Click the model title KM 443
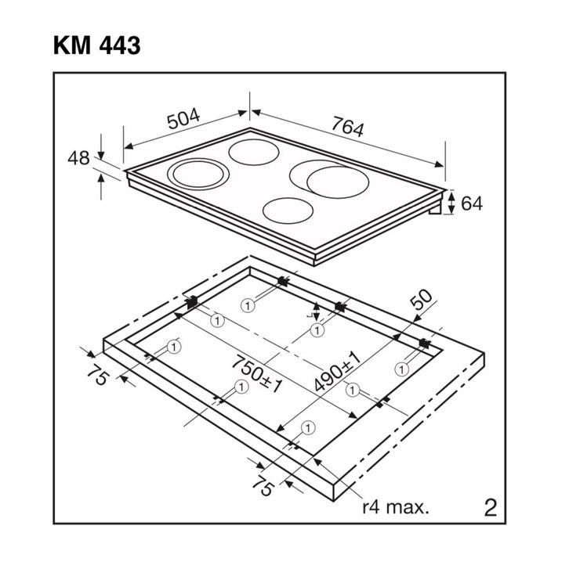click(96, 45)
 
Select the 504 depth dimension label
click(183, 119)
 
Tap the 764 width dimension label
click(347, 126)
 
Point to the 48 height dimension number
click(78, 158)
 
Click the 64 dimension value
click(472, 203)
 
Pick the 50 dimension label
click(422, 300)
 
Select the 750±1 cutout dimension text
click(257, 374)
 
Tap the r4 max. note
click(395, 508)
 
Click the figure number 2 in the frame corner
click(491, 508)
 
